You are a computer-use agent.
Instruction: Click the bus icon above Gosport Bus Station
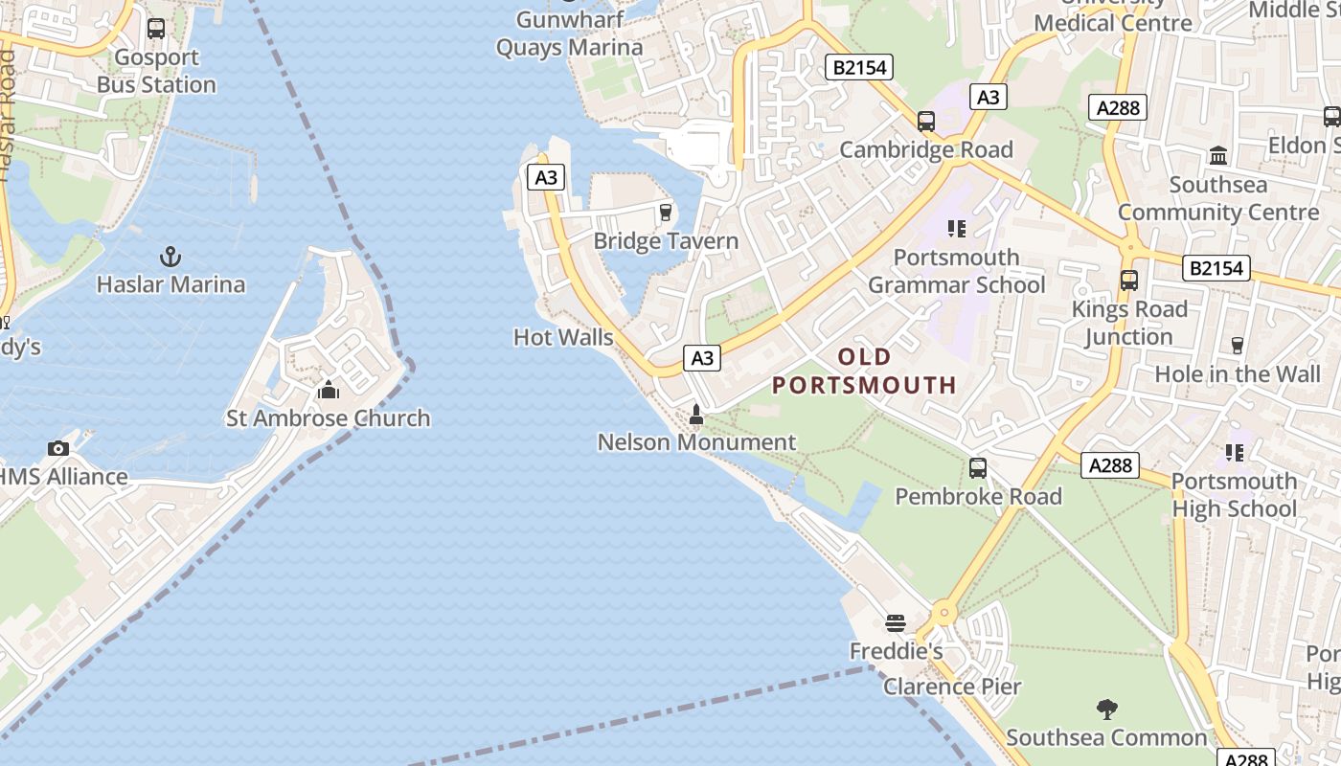156,29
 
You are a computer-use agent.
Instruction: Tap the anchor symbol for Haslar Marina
170,257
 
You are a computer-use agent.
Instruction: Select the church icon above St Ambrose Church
329,390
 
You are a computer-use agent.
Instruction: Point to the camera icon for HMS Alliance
58,448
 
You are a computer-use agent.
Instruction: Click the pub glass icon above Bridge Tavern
666,213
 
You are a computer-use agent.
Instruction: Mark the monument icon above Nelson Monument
696,415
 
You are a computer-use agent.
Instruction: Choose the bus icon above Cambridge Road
926,122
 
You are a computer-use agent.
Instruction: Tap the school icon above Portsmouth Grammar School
956,229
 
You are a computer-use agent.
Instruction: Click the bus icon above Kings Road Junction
1129,281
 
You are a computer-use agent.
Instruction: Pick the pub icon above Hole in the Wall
1237,346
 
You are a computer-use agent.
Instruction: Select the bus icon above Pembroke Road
978,468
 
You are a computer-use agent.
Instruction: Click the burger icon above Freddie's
896,623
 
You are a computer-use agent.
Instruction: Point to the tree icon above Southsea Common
1107,710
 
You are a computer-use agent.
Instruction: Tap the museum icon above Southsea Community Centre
1218,155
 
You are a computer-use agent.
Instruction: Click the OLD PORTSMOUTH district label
865,371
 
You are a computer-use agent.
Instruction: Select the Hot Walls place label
563,337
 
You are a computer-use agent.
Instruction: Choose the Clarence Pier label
952,687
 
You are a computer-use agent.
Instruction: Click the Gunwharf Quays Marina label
570,34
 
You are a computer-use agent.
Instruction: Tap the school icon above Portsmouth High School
1235,452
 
